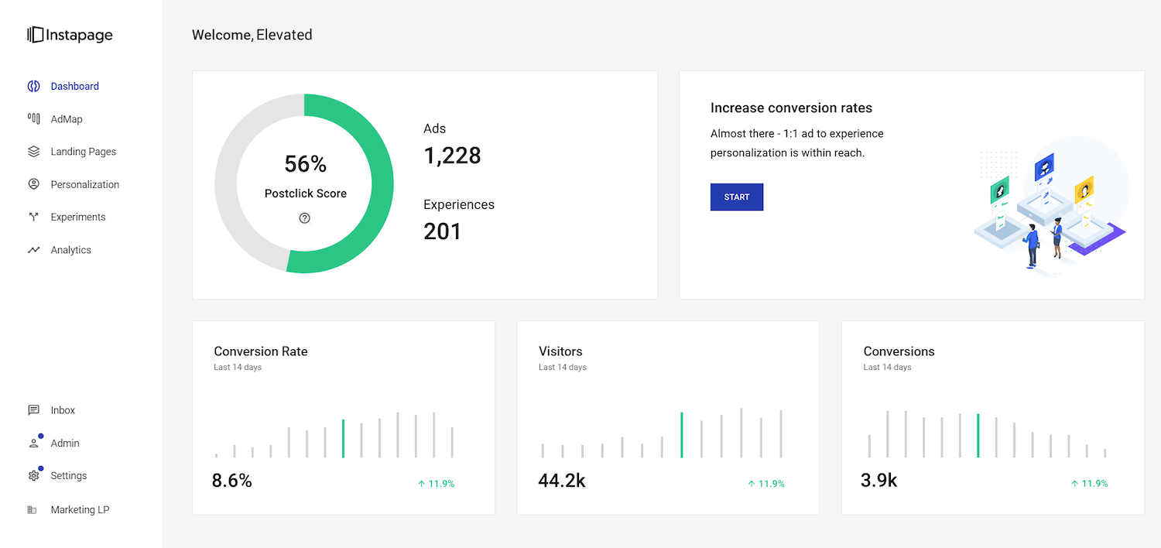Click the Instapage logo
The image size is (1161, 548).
click(70, 35)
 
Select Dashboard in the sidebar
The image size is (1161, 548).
click(74, 86)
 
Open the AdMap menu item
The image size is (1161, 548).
click(67, 119)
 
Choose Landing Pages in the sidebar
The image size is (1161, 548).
click(83, 152)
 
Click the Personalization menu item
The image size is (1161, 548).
click(84, 184)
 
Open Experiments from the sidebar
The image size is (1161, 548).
click(77, 217)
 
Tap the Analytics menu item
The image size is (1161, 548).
click(70, 250)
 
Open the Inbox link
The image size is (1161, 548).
click(63, 410)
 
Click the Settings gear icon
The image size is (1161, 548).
click(33, 475)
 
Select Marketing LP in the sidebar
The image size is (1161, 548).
click(80, 510)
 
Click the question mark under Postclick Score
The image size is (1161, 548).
click(305, 218)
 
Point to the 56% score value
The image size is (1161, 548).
click(305, 164)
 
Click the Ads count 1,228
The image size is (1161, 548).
click(452, 156)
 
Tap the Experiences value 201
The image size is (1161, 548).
click(442, 231)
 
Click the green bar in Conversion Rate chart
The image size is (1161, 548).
click(343, 438)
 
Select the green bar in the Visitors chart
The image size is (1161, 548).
click(682, 435)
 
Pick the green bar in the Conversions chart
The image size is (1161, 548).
click(978, 436)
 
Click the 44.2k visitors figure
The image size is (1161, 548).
click(562, 481)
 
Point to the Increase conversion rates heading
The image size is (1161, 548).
click(791, 108)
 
